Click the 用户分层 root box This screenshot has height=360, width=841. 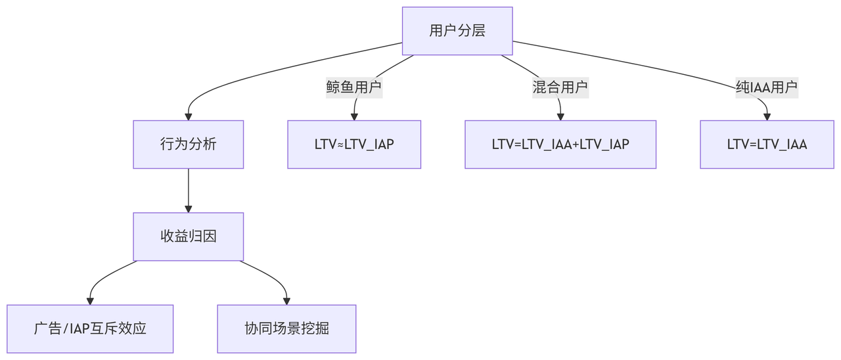457,31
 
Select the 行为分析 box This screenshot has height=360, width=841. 189,145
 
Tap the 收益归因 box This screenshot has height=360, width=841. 189,236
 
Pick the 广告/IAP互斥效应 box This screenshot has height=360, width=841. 90,328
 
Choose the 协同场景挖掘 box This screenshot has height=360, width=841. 286,328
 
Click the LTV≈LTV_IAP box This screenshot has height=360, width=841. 354,145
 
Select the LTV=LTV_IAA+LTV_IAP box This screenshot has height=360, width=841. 560,145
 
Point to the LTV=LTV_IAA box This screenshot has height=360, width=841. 767,145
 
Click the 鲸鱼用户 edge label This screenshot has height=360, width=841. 353,87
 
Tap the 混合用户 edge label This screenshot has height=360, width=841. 560,87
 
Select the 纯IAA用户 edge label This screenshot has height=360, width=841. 767,87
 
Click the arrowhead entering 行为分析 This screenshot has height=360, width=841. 189,116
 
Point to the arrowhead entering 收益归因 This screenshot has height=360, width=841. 189,209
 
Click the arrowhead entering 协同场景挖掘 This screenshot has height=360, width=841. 286,301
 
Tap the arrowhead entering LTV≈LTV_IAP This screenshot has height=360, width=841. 354,116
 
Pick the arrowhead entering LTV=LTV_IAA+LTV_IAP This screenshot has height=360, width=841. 560,116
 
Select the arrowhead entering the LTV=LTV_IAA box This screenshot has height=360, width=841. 767,116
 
